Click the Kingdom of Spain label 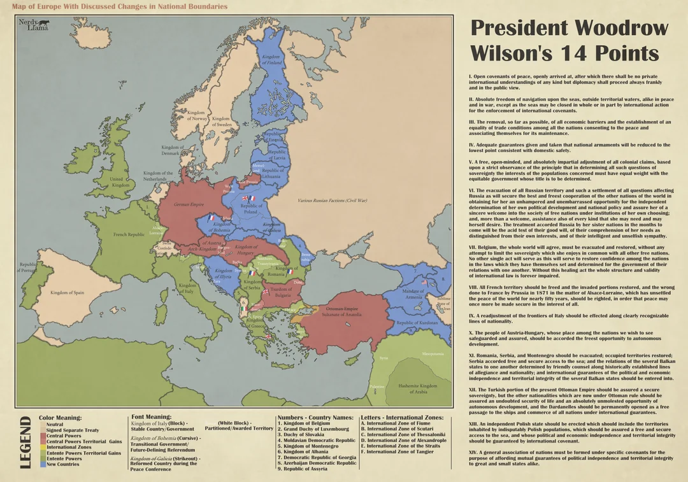(68, 292)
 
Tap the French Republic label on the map (129, 234)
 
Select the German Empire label (190, 204)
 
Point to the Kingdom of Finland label (272, 59)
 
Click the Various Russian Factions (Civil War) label (333, 201)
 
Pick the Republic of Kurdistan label (417, 323)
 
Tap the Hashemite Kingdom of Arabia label (417, 388)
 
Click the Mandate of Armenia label (413, 294)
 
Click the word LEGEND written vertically (26, 443)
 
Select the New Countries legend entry (62, 464)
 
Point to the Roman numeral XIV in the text (474, 453)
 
